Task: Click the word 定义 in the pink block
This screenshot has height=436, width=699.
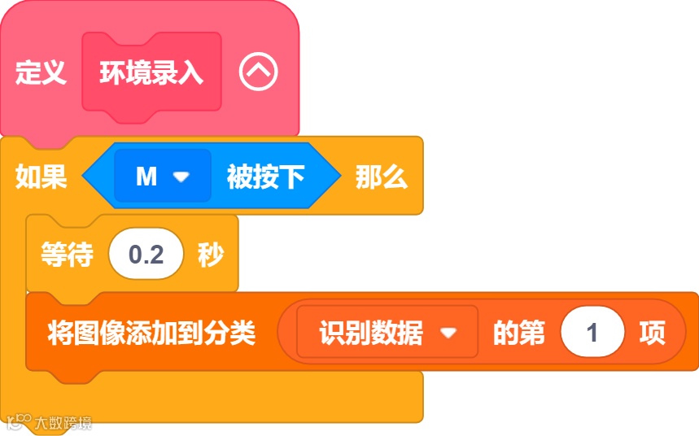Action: click(40, 74)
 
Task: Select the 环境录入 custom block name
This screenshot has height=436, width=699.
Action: click(151, 74)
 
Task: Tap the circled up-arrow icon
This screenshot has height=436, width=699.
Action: click(258, 73)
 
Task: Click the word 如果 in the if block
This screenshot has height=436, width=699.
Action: click(41, 177)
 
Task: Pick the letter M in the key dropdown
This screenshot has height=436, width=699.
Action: click(146, 177)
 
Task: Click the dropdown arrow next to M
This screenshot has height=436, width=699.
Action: click(181, 177)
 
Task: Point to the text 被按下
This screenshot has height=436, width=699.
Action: click(265, 177)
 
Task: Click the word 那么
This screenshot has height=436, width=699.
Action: click(381, 177)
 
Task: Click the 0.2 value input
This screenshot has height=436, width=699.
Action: click(146, 255)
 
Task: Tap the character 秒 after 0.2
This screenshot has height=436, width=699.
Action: click(210, 255)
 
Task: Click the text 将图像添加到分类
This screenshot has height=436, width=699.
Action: click(151, 332)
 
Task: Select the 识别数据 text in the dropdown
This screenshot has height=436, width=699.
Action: click(370, 332)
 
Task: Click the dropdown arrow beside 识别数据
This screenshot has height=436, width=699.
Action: click(447, 333)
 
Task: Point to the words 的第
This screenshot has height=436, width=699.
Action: click(519, 332)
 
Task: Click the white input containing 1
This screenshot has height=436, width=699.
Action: click(592, 333)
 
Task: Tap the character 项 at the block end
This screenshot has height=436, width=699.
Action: click(652, 332)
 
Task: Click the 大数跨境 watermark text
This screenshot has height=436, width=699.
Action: click(63, 422)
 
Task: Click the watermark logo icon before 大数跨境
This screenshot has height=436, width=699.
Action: click(20, 421)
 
